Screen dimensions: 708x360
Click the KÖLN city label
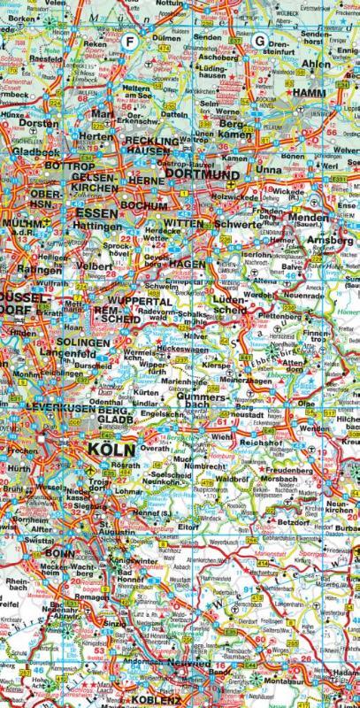click(111, 449)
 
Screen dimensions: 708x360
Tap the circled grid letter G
click(260, 41)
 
